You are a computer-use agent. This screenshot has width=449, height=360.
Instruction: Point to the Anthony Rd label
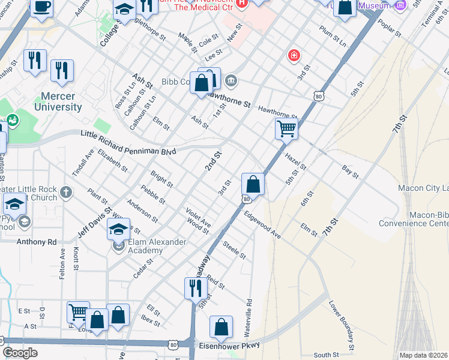36,242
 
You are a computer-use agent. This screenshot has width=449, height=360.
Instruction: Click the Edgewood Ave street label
262,224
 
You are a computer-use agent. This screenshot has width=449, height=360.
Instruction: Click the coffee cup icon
41,7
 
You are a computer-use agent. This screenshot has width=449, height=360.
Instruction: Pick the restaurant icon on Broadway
196,288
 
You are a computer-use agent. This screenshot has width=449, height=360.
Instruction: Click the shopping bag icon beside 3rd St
253,184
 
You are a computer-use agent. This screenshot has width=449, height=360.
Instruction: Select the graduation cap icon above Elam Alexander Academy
118,229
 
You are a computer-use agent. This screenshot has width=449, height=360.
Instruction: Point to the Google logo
20,353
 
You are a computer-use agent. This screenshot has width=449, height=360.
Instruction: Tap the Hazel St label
296,160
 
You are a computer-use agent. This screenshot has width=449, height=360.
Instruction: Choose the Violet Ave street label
198,217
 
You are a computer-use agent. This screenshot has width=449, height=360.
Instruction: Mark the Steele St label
234,250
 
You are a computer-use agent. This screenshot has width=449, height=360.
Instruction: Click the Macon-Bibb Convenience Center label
414,219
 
